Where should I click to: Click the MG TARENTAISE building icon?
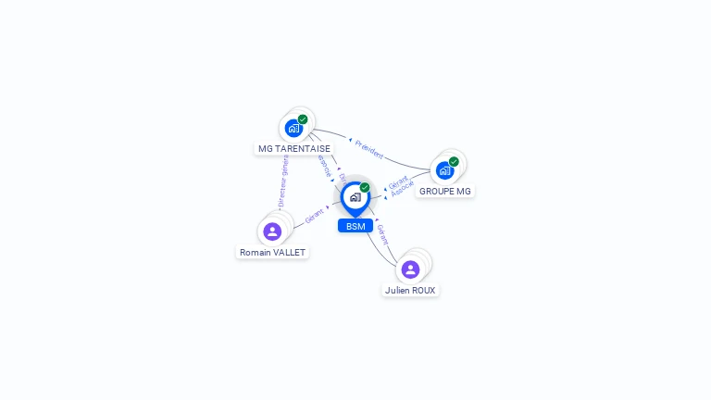pyautogui.click(x=293, y=128)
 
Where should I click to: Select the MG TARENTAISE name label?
pyautogui.click(x=293, y=148)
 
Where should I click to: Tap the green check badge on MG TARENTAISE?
pyautogui.click(x=303, y=119)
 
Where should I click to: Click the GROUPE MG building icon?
pyautogui.click(x=444, y=170)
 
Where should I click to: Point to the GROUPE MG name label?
pyautogui.click(x=444, y=191)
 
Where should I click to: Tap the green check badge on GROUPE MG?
pyautogui.click(x=454, y=162)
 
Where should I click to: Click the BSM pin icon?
pyautogui.click(x=355, y=197)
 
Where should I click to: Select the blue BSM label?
pyautogui.click(x=355, y=226)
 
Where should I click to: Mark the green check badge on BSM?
pyautogui.click(x=365, y=188)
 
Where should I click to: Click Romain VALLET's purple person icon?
pyautogui.click(x=272, y=231)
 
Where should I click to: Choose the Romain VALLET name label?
pyautogui.click(x=272, y=252)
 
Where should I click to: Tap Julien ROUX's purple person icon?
pyautogui.click(x=410, y=269)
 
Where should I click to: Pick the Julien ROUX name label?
pyautogui.click(x=410, y=290)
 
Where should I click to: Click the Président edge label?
pyautogui.click(x=368, y=149)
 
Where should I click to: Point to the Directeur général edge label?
pyautogui.click(x=283, y=181)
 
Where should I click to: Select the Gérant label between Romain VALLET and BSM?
pyautogui.click(x=315, y=216)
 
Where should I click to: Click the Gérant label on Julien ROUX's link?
pyautogui.click(x=382, y=233)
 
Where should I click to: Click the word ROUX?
pyautogui.click(x=422, y=290)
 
